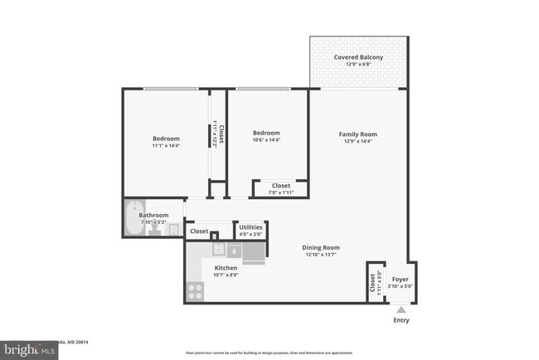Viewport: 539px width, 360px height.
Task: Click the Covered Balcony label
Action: click(358, 57)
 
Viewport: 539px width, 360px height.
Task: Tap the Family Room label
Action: click(357, 134)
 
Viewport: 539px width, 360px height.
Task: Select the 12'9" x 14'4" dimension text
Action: click(357, 143)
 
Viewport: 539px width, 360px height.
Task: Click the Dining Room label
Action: click(322, 247)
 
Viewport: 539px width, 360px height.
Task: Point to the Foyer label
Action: click(400, 280)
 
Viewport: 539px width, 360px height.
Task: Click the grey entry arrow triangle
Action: click(401, 309)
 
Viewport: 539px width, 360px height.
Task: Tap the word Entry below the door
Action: click(401, 320)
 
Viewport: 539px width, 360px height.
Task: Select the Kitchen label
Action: click(226, 268)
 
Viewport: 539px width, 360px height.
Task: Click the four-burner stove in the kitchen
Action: click(197, 290)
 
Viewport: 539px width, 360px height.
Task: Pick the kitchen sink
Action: click(216, 249)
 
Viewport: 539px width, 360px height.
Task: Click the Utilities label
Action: click(250, 226)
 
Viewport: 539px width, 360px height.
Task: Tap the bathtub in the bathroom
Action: click(134, 219)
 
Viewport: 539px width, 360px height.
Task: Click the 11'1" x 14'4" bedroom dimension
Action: click(166, 146)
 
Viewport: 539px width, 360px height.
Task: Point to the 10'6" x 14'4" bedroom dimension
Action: click(266, 141)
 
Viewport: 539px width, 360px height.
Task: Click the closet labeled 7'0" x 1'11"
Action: click(281, 188)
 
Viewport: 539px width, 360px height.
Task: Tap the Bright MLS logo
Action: click(30, 350)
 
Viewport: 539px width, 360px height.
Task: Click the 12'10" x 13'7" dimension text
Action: click(322, 255)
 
